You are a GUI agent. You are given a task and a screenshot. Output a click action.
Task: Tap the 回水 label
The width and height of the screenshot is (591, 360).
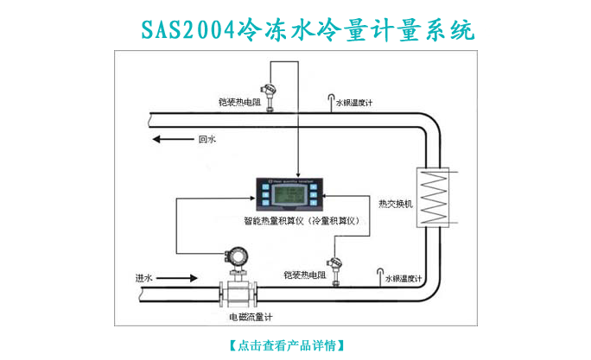207,138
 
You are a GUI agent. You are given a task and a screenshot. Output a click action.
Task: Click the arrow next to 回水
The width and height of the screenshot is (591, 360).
171,138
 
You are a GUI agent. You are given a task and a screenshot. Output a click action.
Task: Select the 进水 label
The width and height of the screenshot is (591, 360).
143,278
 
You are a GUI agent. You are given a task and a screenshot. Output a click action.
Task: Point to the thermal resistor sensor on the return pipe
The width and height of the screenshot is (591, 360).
270,94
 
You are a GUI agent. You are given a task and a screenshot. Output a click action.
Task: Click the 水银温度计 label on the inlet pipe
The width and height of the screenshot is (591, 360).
403,278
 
